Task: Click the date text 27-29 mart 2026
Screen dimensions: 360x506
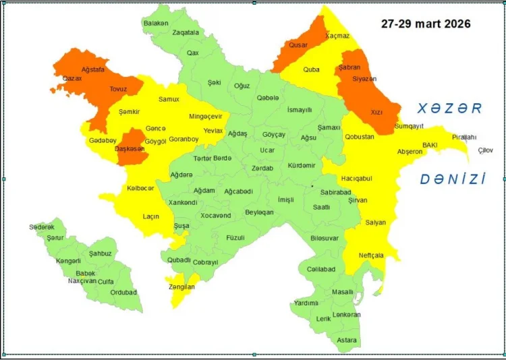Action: point(426,24)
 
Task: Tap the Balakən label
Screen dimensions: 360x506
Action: point(156,23)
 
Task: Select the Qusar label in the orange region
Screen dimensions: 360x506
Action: point(298,45)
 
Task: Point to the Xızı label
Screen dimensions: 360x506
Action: point(376,113)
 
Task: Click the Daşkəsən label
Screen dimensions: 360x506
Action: point(131,149)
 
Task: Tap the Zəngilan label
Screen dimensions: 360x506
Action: point(181,287)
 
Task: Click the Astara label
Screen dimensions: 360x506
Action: point(347,340)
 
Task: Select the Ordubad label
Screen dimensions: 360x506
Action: point(123,293)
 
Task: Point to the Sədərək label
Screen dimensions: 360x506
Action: point(42,227)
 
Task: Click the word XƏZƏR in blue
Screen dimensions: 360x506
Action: point(449,109)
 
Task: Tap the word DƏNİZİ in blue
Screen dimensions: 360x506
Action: point(453,179)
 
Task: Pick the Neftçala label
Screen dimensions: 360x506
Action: point(371,256)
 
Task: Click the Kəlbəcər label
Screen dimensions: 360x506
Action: point(140,188)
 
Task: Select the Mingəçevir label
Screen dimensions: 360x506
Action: point(205,116)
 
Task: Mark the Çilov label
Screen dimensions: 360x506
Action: point(485,150)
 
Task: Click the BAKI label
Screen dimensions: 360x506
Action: point(430,145)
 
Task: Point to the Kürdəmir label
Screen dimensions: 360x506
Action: point(302,165)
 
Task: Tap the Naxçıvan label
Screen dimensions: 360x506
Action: point(82,281)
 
